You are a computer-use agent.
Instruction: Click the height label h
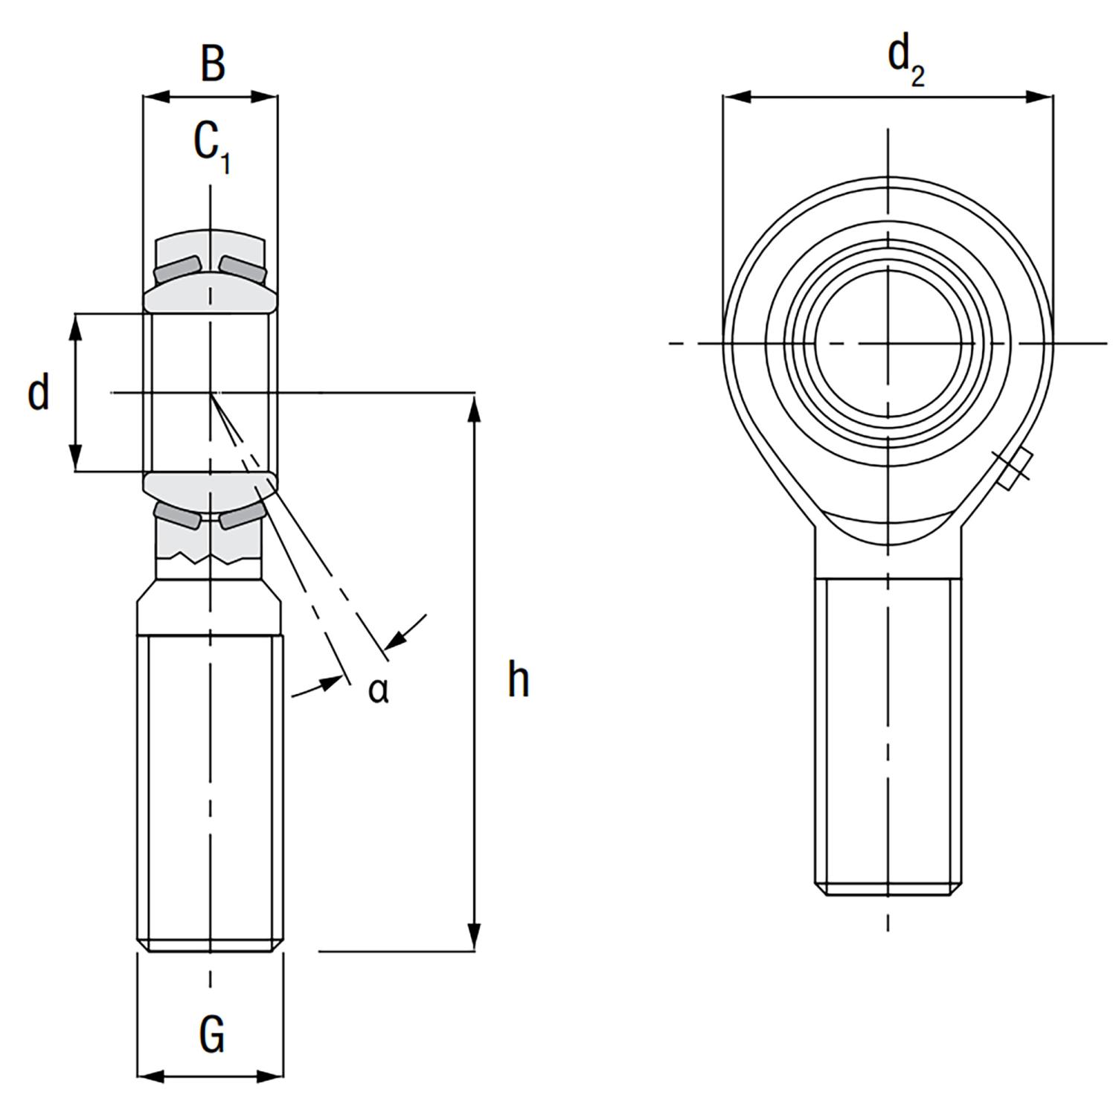pos(518,679)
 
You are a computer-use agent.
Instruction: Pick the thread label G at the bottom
pos(213,1035)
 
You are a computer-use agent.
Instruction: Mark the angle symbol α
pos(378,690)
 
